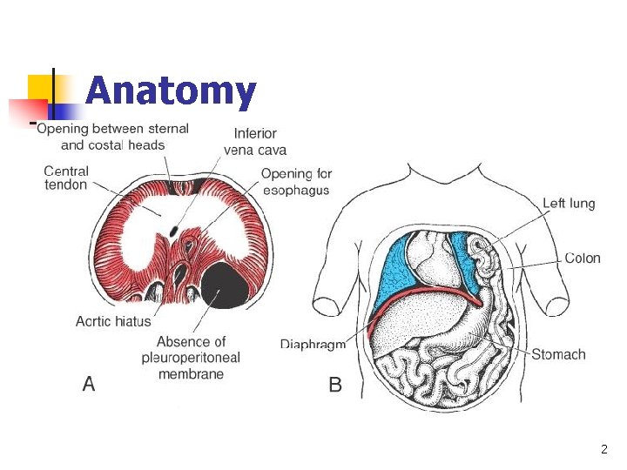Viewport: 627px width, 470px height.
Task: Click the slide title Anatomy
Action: point(172,91)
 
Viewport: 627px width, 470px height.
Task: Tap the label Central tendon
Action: point(66,178)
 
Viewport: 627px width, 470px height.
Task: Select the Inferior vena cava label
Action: point(255,141)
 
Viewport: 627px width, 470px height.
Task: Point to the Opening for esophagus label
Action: point(296,182)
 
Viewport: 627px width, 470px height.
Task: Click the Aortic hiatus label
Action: point(113,321)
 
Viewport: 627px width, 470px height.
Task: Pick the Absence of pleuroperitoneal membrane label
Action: point(191,358)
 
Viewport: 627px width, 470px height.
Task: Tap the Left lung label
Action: point(569,204)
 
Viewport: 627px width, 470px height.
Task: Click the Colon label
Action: point(583,258)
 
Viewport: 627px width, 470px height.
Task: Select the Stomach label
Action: point(558,354)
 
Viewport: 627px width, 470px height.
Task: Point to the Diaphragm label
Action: point(313,344)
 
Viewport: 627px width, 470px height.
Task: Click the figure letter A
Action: point(88,383)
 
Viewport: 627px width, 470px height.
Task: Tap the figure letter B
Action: point(335,384)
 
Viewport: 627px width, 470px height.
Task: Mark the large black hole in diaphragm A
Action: point(226,285)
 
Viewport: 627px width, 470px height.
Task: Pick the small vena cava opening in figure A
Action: point(174,231)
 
